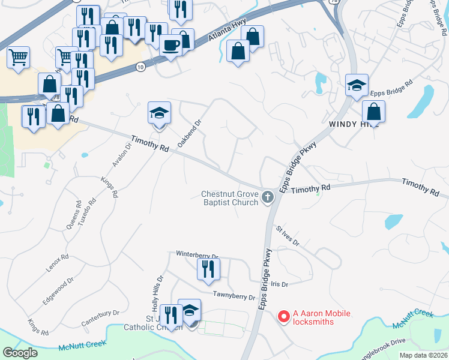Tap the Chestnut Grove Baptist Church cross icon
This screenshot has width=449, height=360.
point(268,196)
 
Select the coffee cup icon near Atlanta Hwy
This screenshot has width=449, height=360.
point(171,46)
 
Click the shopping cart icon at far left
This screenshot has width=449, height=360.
point(19,58)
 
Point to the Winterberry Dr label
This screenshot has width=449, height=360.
point(197,254)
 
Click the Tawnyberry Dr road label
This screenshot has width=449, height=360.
point(234,295)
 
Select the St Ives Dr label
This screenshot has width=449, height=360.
point(288,235)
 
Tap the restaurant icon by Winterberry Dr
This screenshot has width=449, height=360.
point(208,269)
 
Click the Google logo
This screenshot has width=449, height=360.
point(20,353)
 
